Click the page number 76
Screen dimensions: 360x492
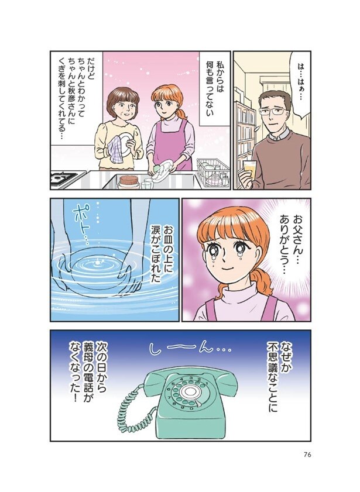[x=307, y=455]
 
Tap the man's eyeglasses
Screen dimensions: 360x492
[x=275, y=111]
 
